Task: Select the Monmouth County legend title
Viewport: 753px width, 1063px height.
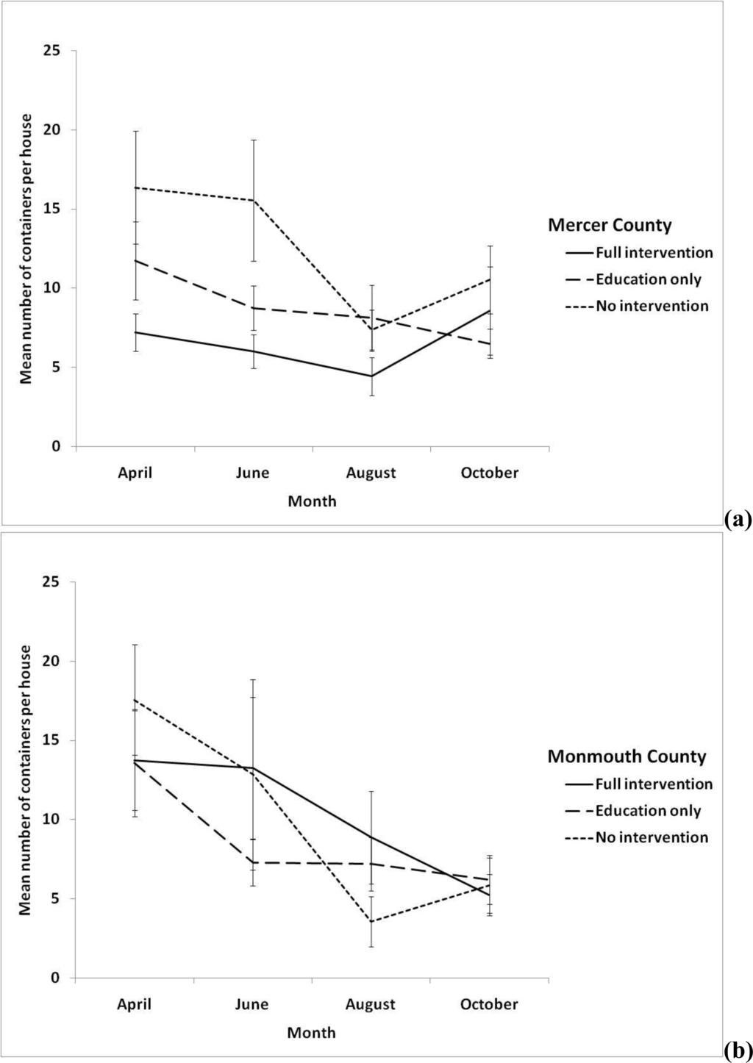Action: pyautogui.click(x=627, y=756)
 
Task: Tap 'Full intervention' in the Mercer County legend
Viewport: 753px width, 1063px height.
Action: pyautogui.click(x=654, y=252)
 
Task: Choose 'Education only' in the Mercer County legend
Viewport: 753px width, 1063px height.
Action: pyautogui.click(x=649, y=279)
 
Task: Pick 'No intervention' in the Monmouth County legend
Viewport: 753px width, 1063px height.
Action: pyautogui.click(x=652, y=837)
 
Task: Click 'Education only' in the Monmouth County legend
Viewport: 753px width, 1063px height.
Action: pyautogui.click(x=648, y=811)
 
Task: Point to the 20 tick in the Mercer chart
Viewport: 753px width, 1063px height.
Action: pyautogui.click(x=52, y=130)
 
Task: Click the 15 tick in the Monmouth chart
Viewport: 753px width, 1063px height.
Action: pyautogui.click(x=52, y=740)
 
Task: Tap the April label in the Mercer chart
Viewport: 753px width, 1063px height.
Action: pyautogui.click(x=135, y=473)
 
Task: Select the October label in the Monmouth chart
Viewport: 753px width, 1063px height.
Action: pyautogui.click(x=489, y=1004)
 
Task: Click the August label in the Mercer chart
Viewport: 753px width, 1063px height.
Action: pyautogui.click(x=371, y=473)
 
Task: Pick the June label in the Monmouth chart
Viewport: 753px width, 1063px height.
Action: pyautogui.click(x=252, y=1004)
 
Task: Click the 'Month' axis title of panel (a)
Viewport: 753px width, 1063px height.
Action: pyautogui.click(x=312, y=501)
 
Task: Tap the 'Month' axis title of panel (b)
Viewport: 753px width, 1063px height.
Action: pyautogui.click(x=312, y=1033)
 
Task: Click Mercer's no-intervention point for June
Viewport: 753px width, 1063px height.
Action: pyautogui.click(x=253, y=200)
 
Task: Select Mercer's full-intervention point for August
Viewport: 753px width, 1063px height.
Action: pyautogui.click(x=371, y=376)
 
